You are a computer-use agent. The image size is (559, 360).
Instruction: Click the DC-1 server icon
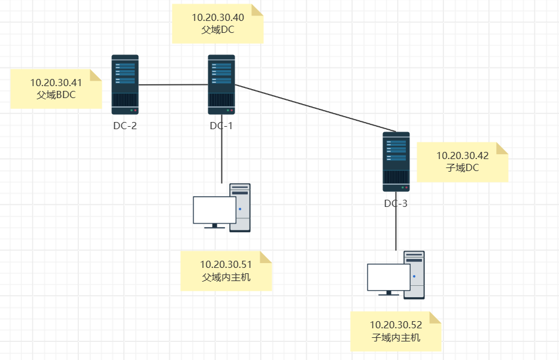click(221, 84)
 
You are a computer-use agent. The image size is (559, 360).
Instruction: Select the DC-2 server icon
click(125, 84)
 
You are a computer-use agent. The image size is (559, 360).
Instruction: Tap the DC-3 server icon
click(396, 161)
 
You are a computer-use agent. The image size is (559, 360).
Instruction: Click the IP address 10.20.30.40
click(217, 18)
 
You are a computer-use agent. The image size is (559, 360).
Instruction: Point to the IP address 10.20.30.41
click(56, 83)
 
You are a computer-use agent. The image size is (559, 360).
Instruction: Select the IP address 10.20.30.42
click(463, 156)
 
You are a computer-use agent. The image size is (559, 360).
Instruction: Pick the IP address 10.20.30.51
click(226, 264)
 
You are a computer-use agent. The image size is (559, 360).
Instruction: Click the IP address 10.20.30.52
click(396, 325)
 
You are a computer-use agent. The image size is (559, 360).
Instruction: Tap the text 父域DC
click(217, 30)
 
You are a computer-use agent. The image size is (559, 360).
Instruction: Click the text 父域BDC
click(56, 94)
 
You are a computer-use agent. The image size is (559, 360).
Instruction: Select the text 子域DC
click(463, 168)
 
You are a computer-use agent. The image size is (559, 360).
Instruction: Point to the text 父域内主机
click(226, 277)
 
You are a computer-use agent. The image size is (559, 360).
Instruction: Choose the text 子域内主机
click(396, 338)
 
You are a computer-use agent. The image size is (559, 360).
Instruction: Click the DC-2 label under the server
click(125, 126)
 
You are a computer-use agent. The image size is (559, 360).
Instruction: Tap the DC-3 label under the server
click(396, 204)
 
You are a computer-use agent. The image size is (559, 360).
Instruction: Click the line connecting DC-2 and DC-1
click(174, 85)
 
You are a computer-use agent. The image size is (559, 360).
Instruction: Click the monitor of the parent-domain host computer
click(214, 210)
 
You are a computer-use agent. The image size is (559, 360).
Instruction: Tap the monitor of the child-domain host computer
click(388, 277)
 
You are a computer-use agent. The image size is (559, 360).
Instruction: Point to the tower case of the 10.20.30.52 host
click(415, 275)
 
